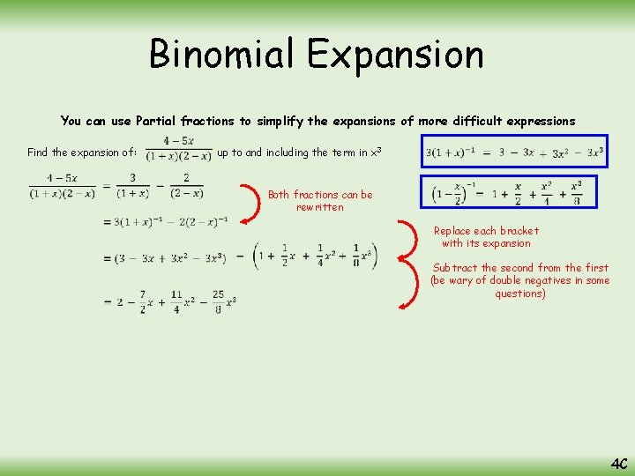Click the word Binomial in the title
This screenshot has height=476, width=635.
click(222, 54)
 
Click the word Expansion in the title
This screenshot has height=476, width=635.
click(395, 54)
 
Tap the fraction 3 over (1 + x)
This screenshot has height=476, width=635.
click(132, 186)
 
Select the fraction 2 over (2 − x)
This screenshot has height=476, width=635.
click(186, 186)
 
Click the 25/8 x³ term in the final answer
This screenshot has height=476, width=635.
click(218, 301)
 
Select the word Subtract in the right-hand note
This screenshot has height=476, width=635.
click(455, 268)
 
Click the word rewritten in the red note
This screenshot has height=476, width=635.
click(320, 207)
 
